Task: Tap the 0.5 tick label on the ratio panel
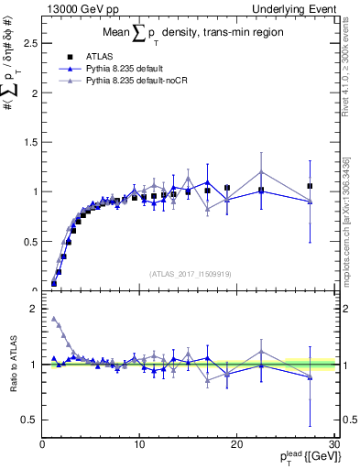click(x=30, y=420)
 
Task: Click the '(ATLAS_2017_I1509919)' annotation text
click(x=188, y=273)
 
